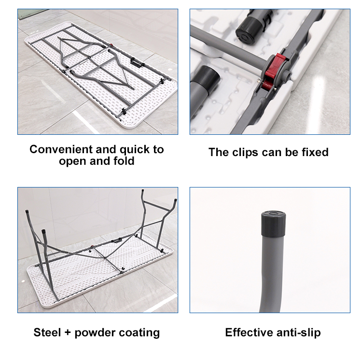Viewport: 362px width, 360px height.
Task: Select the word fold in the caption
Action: (x=124, y=161)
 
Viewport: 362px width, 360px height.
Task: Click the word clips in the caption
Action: (x=245, y=153)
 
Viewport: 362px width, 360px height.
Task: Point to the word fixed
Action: (x=315, y=152)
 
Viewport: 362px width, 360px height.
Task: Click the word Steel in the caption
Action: (x=47, y=332)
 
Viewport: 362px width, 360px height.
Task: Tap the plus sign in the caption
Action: (x=68, y=333)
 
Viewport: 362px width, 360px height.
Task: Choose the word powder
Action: (x=95, y=333)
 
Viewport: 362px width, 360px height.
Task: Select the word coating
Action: (x=139, y=333)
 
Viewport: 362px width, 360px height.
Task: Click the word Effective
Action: (x=249, y=332)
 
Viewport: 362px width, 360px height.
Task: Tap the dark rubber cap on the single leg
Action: (x=273, y=224)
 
